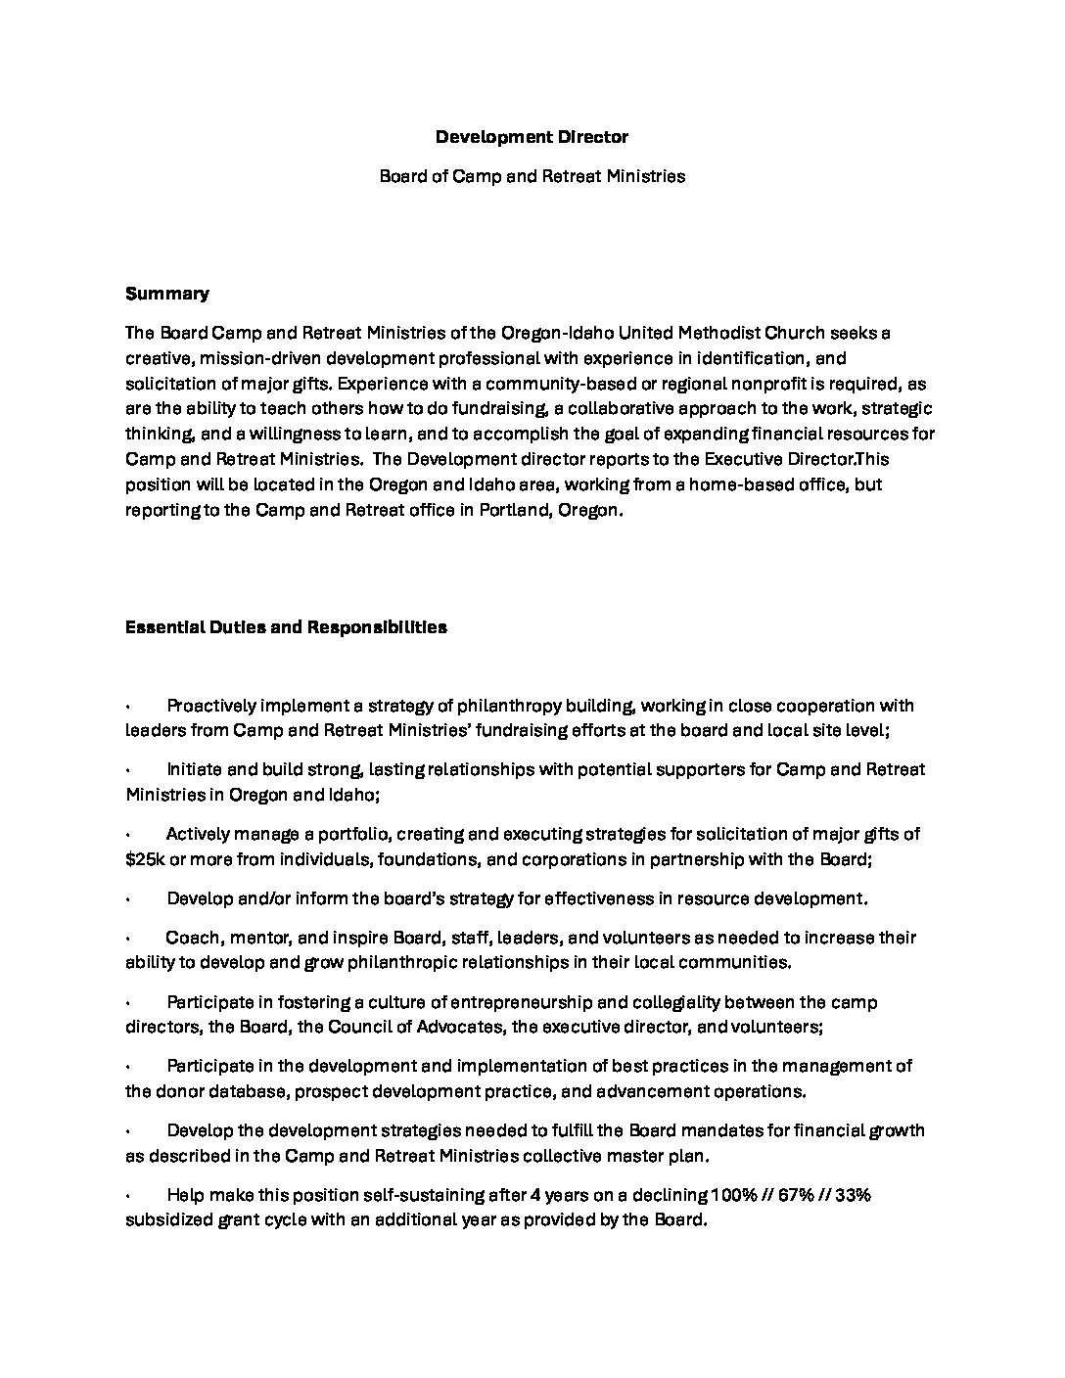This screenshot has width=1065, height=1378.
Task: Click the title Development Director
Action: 532,137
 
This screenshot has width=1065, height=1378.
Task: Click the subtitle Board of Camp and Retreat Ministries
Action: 532,176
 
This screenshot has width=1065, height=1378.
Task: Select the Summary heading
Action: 166,294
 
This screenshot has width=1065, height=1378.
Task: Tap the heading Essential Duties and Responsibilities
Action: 286,627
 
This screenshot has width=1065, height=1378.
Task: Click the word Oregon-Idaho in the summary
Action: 557,333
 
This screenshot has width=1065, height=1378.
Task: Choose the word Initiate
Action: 193,769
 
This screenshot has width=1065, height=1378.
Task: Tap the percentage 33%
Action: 851,1195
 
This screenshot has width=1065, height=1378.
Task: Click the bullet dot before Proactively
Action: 128,707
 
